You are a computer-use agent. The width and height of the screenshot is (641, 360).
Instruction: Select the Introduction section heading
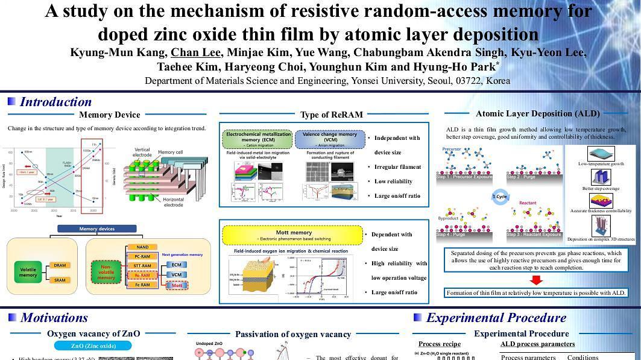[55, 101]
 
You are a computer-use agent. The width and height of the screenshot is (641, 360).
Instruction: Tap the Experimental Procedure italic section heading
[496, 317]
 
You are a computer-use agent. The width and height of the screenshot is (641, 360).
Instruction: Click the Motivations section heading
[54, 317]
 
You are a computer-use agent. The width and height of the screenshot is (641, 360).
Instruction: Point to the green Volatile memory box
[28, 272]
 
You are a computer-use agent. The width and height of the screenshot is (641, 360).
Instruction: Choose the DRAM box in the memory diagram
[59, 265]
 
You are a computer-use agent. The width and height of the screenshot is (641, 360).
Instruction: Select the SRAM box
[59, 280]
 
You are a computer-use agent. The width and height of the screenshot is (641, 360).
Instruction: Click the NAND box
[142, 247]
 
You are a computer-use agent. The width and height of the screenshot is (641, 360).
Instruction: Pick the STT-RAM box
[142, 265]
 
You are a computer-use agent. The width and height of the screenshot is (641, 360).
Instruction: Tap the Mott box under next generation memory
[177, 285]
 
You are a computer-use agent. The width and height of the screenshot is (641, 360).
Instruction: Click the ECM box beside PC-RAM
[176, 265]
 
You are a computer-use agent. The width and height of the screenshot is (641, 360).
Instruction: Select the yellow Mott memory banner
[293, 235]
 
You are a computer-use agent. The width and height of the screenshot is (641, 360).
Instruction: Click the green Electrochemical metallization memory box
[259, 139]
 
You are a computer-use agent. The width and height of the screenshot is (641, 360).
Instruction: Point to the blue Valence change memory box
[329, 139]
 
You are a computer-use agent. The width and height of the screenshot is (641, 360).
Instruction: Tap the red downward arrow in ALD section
[536, 280]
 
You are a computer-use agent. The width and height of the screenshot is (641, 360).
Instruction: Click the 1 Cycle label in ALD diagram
[500, 197]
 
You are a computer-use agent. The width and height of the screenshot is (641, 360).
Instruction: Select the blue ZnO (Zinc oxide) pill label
[93, 346]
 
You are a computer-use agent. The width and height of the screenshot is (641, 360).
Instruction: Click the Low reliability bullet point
[394, 181]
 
